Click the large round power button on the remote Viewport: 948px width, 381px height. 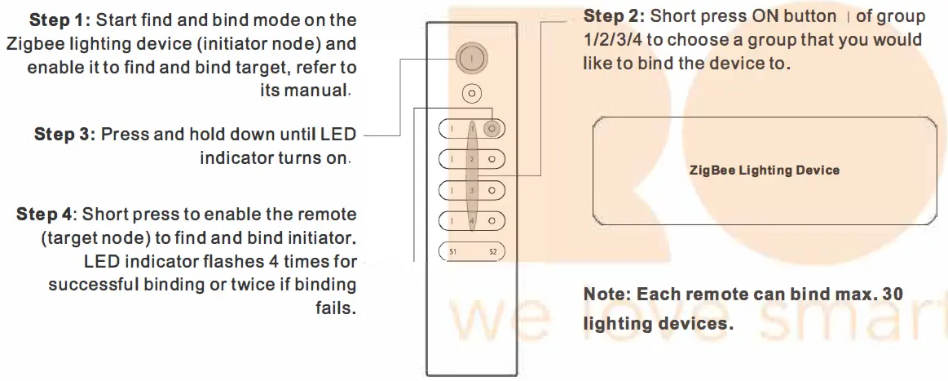pyautogui.click(x=471, y=60)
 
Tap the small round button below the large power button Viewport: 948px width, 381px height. pyautogui.click(x=471, y=94)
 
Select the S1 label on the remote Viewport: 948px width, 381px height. pyautogui.click(x=452, y=252)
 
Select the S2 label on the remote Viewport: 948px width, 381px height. pyautogui.click(x=492, y=252)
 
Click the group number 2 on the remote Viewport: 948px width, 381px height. pyautogui.click(x=472, y=159)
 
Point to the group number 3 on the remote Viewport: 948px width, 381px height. pyautogui.click(x=472, y=190)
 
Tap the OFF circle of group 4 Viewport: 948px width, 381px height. pyautogui.click(x=492, y=221)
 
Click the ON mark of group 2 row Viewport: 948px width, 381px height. pyautogui.click(x=452, y=159)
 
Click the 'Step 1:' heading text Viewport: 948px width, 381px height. pyautogui.click(x=60, y=20)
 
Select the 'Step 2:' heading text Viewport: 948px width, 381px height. pyautogui.click(x=613, y=17)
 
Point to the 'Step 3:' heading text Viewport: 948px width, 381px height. pyautogui.click(x=64, y=135)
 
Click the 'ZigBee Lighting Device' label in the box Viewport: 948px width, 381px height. pyautogui.click(x=764, y=171)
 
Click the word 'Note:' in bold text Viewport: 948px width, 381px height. pyautogui.click(x=607, y=295)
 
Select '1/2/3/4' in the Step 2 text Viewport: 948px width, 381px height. pyautogui.click(x=613, y=40)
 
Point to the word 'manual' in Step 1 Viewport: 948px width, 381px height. pyautogui.click(x=315, y=90)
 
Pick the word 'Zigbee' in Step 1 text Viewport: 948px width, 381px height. pyautogui.click(x=33, y=43)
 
